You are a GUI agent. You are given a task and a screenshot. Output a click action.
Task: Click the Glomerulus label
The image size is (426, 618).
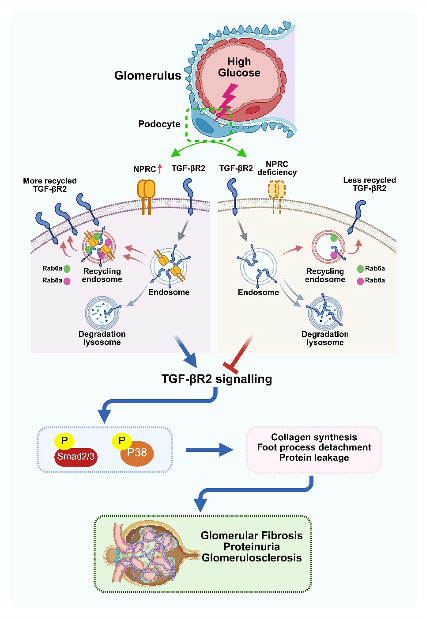[148, 76]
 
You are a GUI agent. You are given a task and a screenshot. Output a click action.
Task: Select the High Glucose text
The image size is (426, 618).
[239, 67]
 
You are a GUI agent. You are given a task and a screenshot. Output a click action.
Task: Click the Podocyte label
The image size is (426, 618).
[159, 124]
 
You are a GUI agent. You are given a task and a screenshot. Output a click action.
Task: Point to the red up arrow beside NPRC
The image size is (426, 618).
[159, 168]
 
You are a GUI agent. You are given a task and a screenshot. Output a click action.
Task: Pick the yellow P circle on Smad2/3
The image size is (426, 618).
[64, 441]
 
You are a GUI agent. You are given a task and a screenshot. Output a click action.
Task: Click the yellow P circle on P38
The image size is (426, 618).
[122, 441]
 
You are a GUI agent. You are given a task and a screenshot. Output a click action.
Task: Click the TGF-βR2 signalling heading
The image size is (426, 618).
[217, 379]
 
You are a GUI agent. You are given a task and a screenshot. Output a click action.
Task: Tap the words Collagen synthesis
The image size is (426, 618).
[314, 437]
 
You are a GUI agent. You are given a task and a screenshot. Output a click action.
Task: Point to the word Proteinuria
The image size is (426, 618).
[252, 546]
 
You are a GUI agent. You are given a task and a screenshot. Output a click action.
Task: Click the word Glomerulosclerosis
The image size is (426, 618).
[252, 557]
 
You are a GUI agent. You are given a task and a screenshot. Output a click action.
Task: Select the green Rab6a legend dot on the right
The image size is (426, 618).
[360, 269]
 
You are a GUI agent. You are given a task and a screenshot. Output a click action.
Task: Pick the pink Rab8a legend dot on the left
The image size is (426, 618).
[67, 281]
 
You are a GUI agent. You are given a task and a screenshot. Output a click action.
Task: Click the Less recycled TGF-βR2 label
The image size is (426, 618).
[369, 184]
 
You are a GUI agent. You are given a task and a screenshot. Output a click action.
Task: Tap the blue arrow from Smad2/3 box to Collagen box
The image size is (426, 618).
[209, 450]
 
